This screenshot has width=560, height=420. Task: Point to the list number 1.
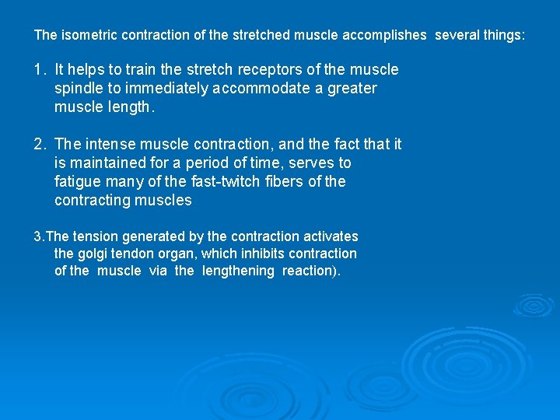click(x=39, y=70)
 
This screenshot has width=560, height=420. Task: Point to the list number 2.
click(x=39, y=145)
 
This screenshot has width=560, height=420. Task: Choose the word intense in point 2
click(x=107, y=145)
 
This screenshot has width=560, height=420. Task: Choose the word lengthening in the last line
click(x=238, y=271)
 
